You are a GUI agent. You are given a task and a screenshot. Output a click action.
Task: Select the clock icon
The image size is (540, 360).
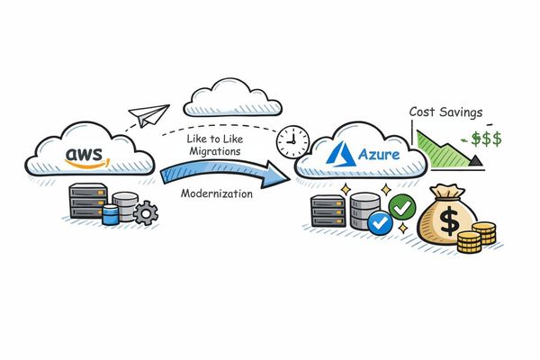tap(291, 140)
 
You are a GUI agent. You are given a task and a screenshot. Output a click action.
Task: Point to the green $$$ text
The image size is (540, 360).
tap(481, 140)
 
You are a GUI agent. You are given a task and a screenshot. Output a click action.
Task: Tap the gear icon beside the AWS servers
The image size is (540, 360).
tap(144, 213)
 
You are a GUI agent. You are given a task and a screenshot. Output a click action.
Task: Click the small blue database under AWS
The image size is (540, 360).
tap(111, 214)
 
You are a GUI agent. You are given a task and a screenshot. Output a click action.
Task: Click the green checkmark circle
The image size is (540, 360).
tap(401, 209)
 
